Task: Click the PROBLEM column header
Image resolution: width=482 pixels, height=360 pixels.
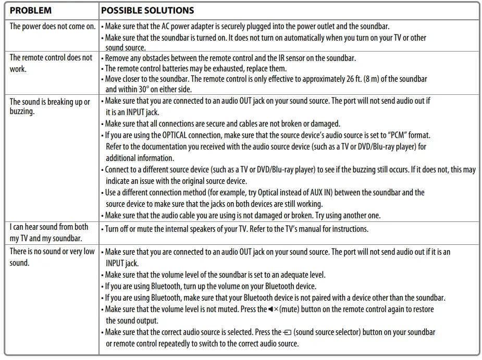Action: [x=31, y=10]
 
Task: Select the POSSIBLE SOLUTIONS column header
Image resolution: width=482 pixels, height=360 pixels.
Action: [x=147, y=10]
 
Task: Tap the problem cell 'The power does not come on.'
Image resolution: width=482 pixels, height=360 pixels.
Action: [x=53, y=26]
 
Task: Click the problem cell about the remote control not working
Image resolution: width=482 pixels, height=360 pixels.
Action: [x=51, y=63]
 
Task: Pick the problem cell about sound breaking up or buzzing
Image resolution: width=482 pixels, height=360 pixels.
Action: [x=50, y=106]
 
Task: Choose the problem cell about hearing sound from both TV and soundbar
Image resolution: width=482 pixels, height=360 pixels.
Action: [x=49, y=232]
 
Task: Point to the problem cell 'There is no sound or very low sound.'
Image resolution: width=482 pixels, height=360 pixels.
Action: [x=52, y=257]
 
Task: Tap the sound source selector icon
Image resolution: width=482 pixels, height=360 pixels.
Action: [x=288, y=332]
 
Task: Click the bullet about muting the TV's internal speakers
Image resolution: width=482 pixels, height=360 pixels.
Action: [x=237, y=228]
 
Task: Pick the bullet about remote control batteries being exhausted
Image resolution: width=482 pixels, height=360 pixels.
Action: [x=196, y=68]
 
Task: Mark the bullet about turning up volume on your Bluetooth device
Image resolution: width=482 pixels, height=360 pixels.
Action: [x=211, y=286]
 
